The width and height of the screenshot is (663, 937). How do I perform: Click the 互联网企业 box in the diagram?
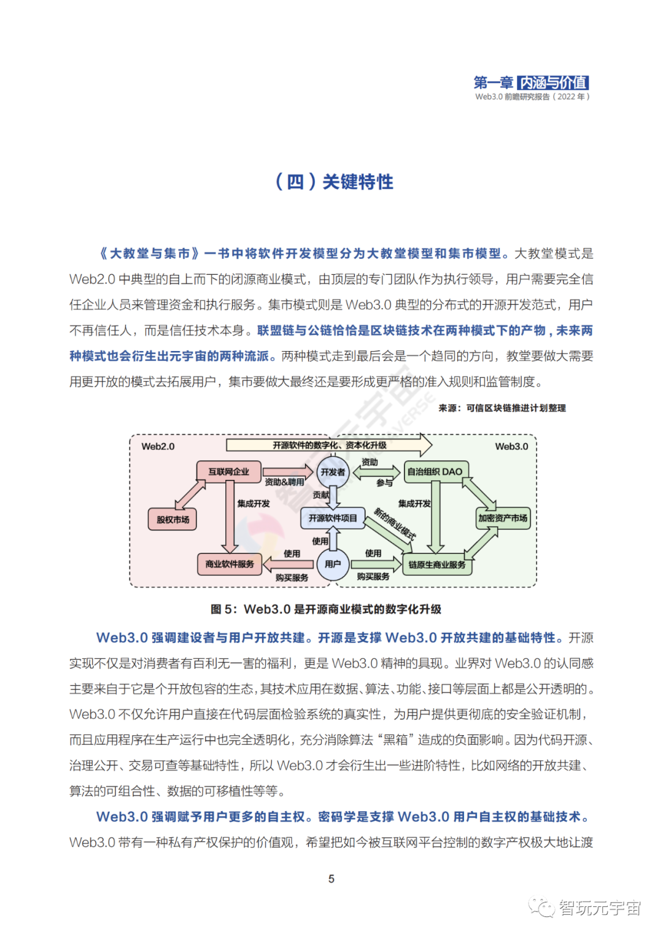tap(228, 471)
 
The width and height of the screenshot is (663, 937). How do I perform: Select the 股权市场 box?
tap(173, 519)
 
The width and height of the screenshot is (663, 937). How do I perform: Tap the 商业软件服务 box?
tap(230, 564)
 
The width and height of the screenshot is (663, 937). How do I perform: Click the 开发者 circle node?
tap(333, 472)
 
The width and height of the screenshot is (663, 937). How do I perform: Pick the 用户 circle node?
tap(333, 564)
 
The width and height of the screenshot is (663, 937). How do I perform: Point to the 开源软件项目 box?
tap(333, 518)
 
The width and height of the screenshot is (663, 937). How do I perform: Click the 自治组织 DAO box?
tap(436, 472)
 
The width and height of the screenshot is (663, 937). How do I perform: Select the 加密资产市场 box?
tap(503, 518)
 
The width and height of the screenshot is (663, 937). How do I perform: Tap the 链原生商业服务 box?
tap(437, 565)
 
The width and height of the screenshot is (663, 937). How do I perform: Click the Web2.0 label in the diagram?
tap(158, 446)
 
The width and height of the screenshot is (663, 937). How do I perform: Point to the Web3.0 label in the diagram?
tap(511, 446)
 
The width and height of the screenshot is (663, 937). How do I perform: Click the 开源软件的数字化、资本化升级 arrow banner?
tap(330, 445)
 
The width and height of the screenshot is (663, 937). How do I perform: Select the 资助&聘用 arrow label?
tap(284, 482)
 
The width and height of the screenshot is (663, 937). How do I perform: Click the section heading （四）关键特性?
tap(334, 182)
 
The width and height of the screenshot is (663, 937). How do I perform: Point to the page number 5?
tap(331, 879)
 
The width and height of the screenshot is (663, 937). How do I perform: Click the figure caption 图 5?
tap(326, 609)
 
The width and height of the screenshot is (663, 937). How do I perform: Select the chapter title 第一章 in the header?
tap(493, 82)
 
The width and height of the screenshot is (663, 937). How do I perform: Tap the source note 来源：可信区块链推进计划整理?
tap(502, 408)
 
